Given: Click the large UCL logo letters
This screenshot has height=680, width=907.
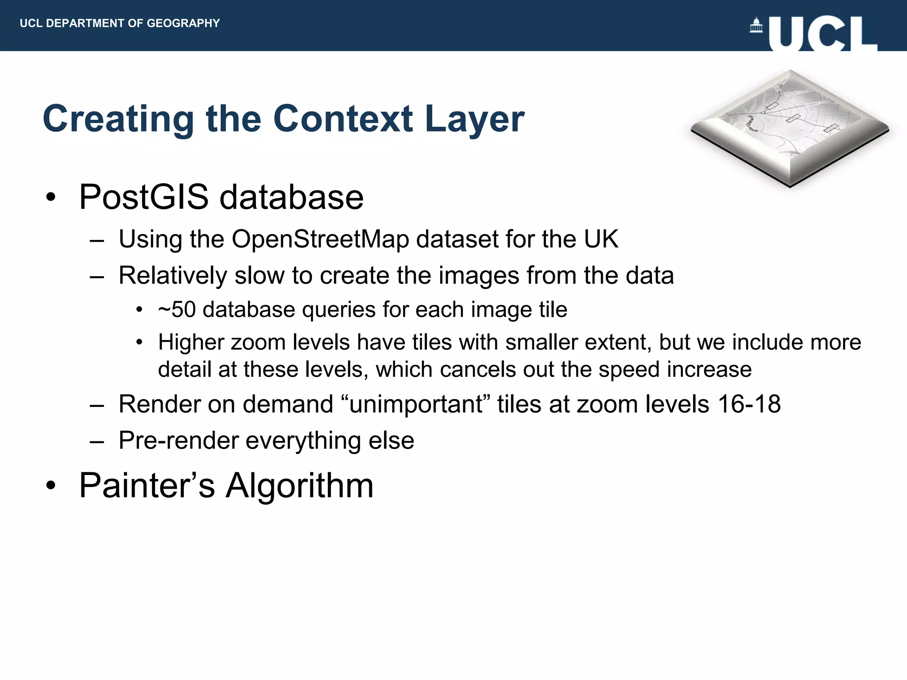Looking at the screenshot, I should click(x=823, y=34).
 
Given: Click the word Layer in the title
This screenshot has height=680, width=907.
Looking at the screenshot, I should click(x=474, y=120).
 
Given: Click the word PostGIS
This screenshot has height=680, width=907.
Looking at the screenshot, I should click(x=143, y=197).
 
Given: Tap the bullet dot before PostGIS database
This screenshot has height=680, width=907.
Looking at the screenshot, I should click(x=51, y=197).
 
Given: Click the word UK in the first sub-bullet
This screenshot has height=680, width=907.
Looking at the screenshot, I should click(x=601, y=239).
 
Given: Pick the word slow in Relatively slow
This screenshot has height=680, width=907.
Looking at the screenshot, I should click(x=260, y=275).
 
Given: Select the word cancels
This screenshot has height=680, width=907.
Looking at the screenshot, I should click(x=478, y=369).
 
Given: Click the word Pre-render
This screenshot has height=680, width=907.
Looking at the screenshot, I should click(x=178, y=440).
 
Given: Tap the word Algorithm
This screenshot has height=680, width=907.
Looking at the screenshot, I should click(x=299, y=486).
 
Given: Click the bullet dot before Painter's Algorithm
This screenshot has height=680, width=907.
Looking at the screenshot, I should click(x=51, y=486).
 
